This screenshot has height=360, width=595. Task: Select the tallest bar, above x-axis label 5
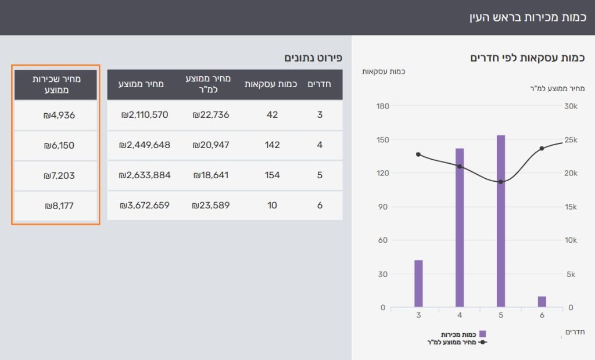(x=501, y=221)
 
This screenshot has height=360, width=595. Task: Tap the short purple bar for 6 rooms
(x=542, y=301)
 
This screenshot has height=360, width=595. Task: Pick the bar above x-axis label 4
(x=460, y=227)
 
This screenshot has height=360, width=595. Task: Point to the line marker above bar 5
(x=501, y=182)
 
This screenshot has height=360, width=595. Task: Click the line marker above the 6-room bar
(x=542, y=148)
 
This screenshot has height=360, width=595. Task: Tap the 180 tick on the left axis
(x=382, y=106)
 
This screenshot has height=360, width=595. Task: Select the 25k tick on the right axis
(x=570, y=140)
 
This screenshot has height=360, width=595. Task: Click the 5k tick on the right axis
(x=570, y=274)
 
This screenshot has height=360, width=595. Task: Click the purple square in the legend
(x=482, y=334)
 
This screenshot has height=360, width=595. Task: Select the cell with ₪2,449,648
(x=145, y=145)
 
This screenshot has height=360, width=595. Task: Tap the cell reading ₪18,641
(x=211, y=175)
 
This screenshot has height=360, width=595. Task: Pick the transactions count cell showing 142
(x=272, y=145)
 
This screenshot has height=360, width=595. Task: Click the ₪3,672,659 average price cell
(x=145, y=205)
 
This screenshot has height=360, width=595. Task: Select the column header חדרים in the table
(x=319, y=84)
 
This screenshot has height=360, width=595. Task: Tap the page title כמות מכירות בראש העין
(x=526, y=17)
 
